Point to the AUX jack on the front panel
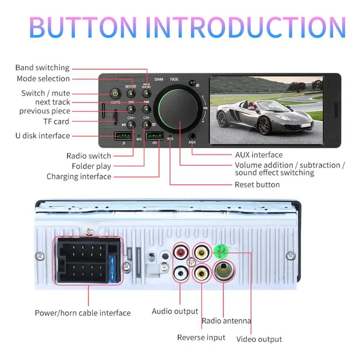[192, 135]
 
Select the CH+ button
[131, 125]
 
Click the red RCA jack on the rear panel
[180, 253]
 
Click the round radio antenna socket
[224, 271]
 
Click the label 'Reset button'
[257, 184]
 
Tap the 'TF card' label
[56, 121]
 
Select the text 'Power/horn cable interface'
[83, 313]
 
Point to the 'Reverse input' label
[201, 337]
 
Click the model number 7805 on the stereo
[173, 79]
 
